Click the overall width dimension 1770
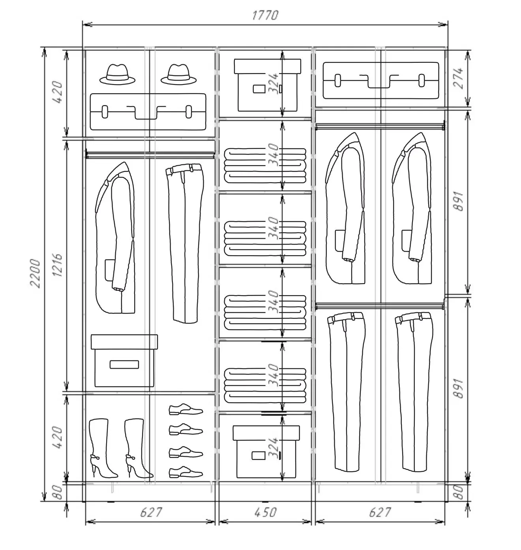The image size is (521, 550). (x=265, y=15)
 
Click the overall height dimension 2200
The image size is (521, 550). (x=36, y=273)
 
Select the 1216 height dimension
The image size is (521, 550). (x=57, y=266)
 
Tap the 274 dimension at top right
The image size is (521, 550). (x=458, y=78)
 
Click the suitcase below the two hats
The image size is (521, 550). (x=148, y=112)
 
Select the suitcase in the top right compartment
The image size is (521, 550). (x=381, y=81)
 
